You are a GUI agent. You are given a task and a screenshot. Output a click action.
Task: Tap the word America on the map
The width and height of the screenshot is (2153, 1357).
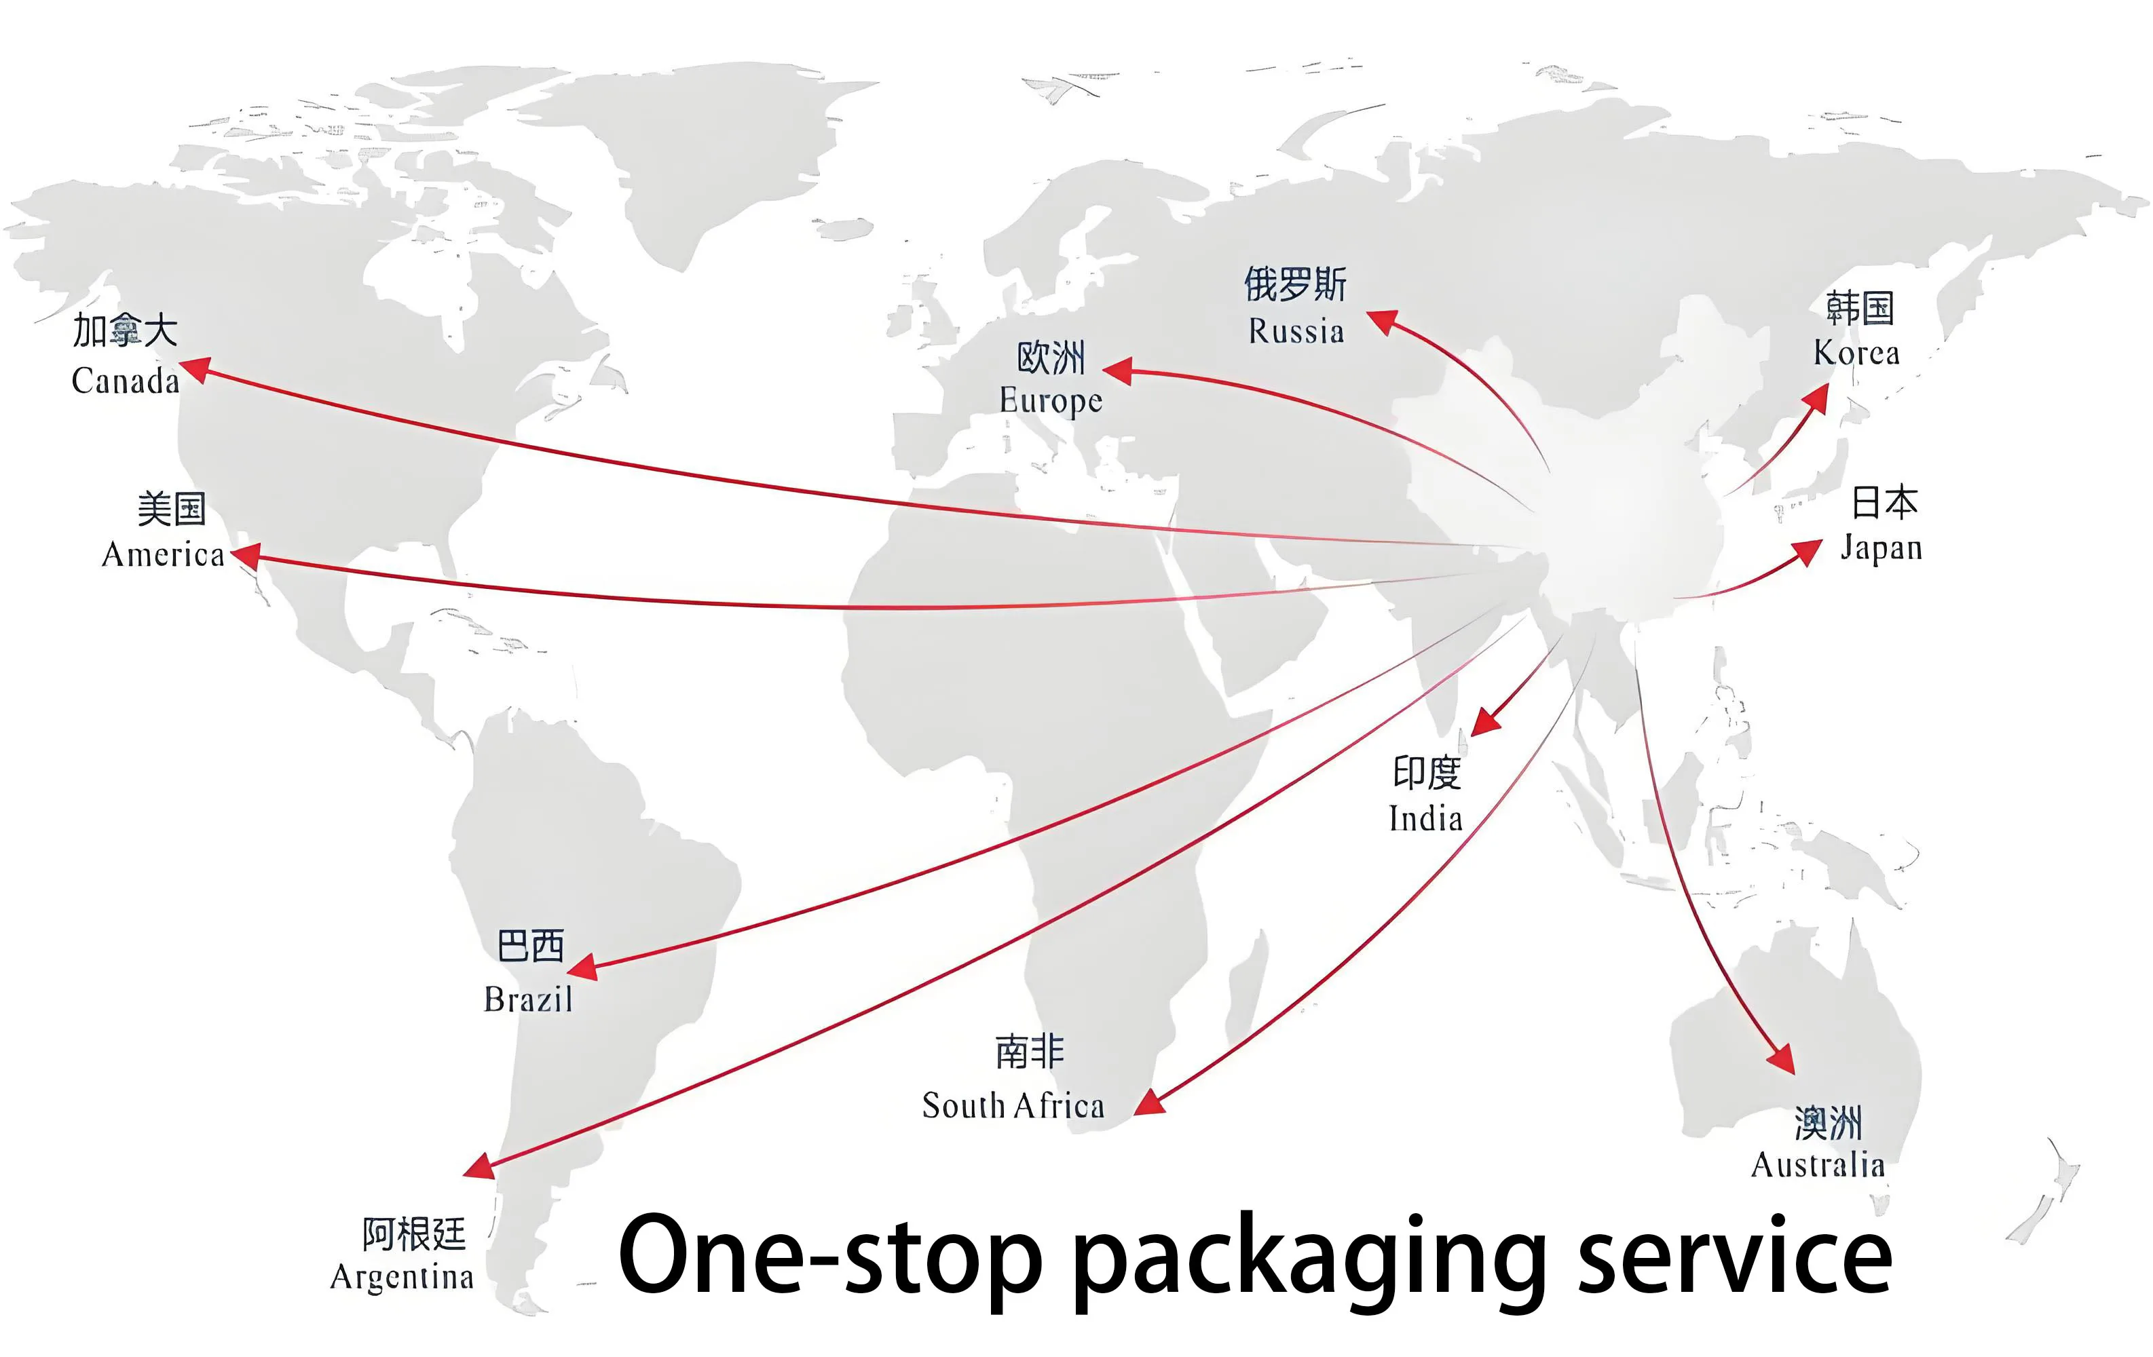(x=163, y=555)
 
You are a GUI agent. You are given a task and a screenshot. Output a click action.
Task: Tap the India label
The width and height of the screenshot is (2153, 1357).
(x=1425, y=819)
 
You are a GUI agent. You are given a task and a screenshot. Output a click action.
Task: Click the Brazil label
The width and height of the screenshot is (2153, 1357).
(x=527, y=999)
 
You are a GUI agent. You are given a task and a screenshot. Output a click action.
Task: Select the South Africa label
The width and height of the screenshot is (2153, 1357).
(x=1013, y=1107)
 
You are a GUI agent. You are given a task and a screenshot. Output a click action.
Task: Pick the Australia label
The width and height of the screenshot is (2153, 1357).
(x=1818, y=1166)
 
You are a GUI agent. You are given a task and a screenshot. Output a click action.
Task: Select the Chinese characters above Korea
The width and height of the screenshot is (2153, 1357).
(x=1859, y=307)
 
